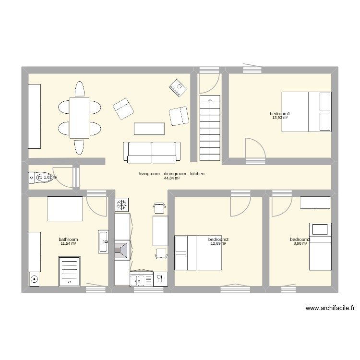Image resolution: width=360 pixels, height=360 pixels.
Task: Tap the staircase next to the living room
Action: pos(209,127)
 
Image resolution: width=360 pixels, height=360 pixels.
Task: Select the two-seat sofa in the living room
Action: pos(152,151)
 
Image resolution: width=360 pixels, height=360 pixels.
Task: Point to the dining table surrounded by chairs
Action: pos(79,118)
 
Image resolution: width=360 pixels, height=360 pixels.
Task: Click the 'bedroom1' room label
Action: pos(280,114)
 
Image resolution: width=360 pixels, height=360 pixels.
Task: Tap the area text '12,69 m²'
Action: pos(218,243)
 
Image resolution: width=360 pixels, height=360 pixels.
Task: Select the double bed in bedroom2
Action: pos(198,252)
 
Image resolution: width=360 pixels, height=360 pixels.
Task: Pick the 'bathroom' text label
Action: pos(68,240)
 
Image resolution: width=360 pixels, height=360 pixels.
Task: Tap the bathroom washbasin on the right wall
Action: pos(103,241)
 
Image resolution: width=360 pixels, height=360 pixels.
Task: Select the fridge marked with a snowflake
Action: pos(122,205)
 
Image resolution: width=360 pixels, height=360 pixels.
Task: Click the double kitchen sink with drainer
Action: pos(142,279)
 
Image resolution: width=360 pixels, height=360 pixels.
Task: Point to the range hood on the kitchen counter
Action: pos(122,250)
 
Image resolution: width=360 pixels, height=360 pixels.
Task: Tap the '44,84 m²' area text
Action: pos(171,178)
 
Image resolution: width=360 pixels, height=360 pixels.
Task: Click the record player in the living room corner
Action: pos(177,87)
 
